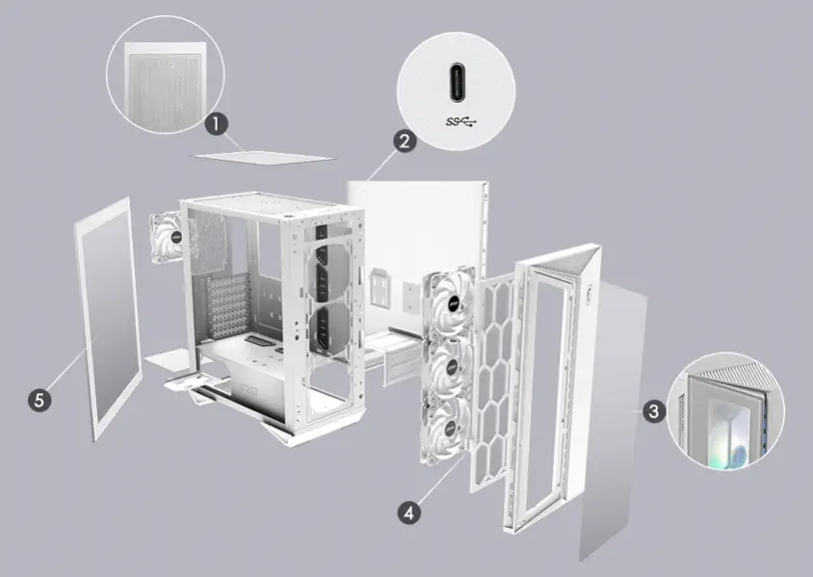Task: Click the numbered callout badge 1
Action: click(x=216, y=124)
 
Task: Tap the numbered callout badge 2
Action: click(x=405, y=141)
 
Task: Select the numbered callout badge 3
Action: click(x=654, y=411)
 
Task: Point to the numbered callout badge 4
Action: click(x=409, y=512)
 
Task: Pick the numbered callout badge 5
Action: click(x=39, y=400)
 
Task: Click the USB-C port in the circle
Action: click(x=457, y=83)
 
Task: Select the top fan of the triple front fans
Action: click(x=449, y=302)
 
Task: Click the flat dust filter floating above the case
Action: click(x=265, y=157)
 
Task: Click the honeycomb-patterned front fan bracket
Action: click(x=493, y=382)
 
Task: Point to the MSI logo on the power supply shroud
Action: click(x=249, y=388)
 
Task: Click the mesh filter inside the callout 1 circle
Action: click(x=165, y=90)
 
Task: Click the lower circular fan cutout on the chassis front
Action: click(x=329, y=329)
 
